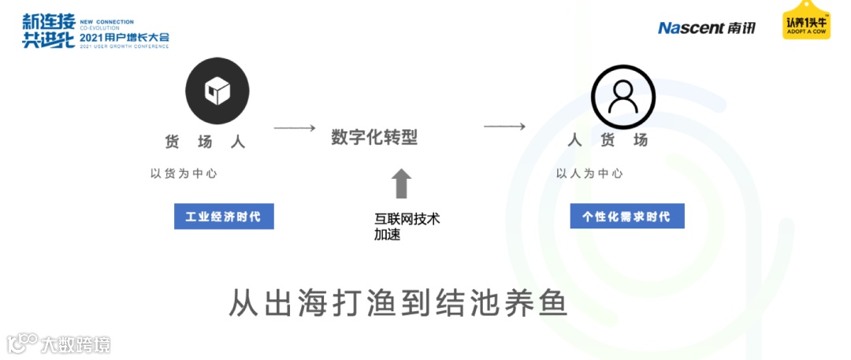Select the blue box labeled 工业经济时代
tap(224, 217)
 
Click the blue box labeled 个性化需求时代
tap(627, 216)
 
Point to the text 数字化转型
tap(374, 138)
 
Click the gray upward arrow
tap(402, 184)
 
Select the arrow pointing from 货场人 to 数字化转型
tap(294, 128)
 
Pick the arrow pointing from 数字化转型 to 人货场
tap(504, 126)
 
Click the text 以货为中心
tap(184, 173)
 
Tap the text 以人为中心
tap(589, 173)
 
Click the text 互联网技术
tap(407, 219)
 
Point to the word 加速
tap(388, 234)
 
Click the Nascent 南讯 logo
tap(707, 28)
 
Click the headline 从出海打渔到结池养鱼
tap(398, 303)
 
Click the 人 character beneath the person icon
tap(575, 140)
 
